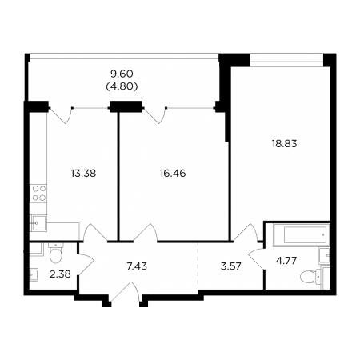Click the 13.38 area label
83,174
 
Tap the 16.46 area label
173,174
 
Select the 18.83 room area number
284,144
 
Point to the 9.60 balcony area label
122,74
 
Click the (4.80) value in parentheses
122,86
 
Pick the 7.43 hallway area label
137,266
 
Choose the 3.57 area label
231,266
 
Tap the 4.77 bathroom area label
286,260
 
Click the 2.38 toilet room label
60,274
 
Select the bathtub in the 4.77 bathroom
302,235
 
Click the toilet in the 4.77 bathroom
311,276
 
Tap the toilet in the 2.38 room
55,253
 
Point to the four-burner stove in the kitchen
38,194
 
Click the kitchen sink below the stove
38,222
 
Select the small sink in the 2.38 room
34,274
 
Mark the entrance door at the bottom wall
125,292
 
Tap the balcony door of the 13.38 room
61,115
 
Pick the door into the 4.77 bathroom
256,258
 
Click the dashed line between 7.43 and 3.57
198,266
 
